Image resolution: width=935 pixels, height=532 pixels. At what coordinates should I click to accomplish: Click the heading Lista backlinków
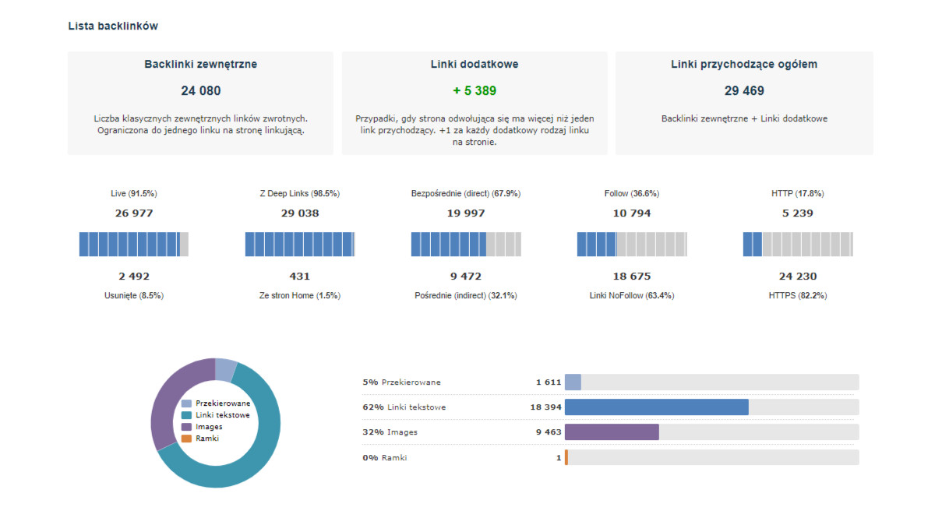click(113, 26)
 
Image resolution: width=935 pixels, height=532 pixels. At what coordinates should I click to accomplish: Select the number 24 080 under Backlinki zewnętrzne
click(201, 90)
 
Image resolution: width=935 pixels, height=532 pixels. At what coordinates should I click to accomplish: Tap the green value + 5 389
click(475, 90)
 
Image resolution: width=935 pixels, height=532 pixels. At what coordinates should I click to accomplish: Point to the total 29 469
click(744, 90)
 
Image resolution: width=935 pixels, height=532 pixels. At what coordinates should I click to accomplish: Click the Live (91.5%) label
click(134, 194)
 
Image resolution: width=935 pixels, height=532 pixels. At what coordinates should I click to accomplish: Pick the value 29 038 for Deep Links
click(300, 213)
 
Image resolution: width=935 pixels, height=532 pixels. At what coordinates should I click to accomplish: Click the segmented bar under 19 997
click(466, 244)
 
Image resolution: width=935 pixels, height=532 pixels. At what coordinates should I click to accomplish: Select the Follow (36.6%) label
click(632, 194)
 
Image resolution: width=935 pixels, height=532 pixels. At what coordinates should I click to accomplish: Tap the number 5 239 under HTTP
click(798, 213)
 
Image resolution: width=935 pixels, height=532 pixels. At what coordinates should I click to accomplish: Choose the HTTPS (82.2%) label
click(798, 295)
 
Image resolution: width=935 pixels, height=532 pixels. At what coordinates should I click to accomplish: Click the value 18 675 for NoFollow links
click(632, 277)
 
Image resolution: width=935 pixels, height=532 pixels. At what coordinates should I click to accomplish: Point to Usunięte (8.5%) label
click(134, 295)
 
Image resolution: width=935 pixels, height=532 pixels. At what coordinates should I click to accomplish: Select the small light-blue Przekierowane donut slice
click(225, 370)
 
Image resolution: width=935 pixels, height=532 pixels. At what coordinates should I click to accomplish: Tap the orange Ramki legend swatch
click(186, 439)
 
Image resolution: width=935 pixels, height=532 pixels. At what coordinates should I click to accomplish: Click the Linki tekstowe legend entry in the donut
click(215, 415)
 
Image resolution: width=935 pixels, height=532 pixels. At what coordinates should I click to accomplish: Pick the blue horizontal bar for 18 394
click(657, 407)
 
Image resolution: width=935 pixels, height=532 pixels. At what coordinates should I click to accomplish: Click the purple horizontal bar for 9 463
click(612, 432)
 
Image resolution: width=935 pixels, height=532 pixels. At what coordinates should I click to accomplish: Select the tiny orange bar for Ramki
click(566, 457)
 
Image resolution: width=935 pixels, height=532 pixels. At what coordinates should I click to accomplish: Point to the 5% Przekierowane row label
click(401, 382)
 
